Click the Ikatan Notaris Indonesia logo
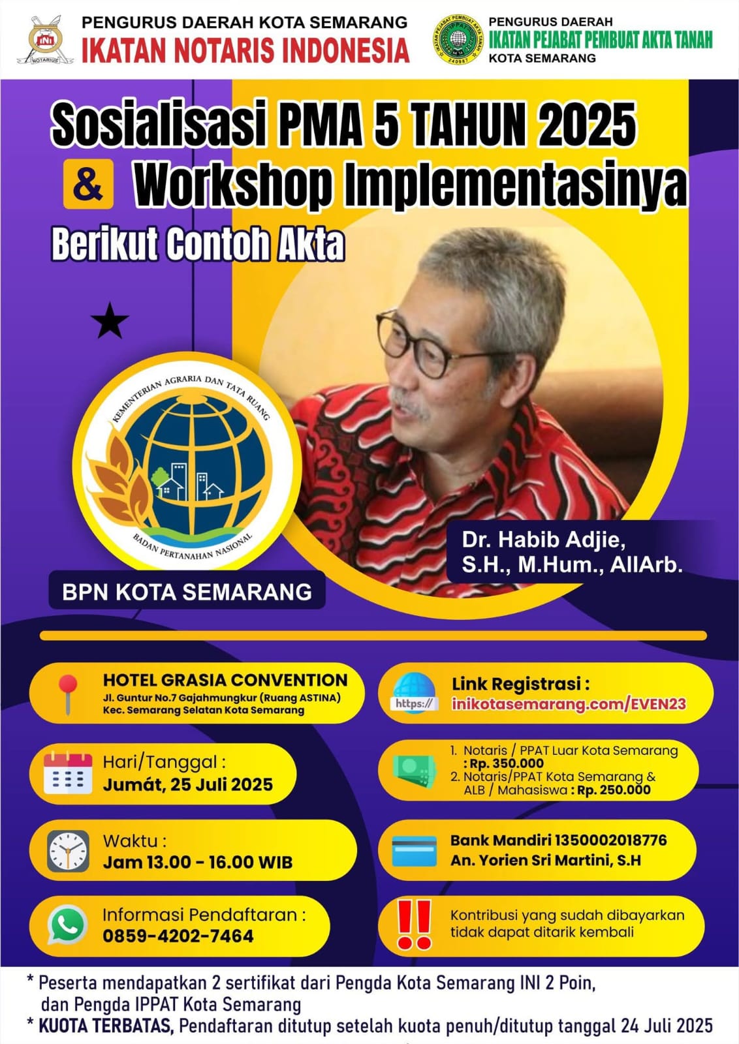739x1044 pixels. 45,40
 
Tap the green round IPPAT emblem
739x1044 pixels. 458,39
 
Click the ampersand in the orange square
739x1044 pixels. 88,183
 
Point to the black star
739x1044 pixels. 110,320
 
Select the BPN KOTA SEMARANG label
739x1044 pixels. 187,592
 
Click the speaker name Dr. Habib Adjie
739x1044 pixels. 544,540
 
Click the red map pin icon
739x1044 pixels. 68,694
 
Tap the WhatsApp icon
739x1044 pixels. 68,925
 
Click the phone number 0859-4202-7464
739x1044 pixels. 178,936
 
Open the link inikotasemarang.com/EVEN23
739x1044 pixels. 569,703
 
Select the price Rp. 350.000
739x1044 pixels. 507,763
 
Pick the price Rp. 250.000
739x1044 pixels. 614,790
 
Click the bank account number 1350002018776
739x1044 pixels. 610,839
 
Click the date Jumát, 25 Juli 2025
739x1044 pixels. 188,784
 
